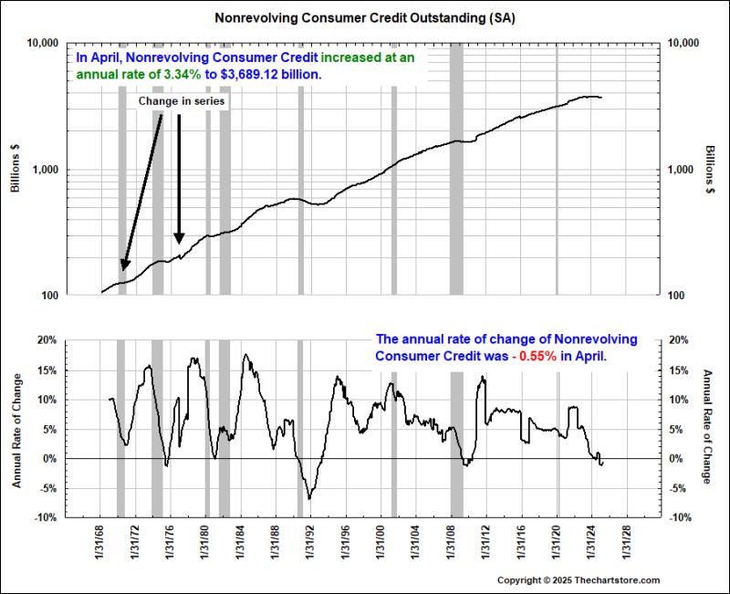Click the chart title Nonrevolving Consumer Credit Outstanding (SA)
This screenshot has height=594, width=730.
tap(364, 17)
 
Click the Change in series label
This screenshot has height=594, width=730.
tap(181, 101)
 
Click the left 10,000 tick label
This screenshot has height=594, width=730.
tap(40, 43)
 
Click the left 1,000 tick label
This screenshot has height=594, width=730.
tap(44, 170)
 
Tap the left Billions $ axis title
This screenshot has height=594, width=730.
tap(15, 169)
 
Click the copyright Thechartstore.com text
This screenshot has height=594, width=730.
tap(578, 580)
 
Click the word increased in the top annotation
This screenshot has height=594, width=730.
tap(357, 57)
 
